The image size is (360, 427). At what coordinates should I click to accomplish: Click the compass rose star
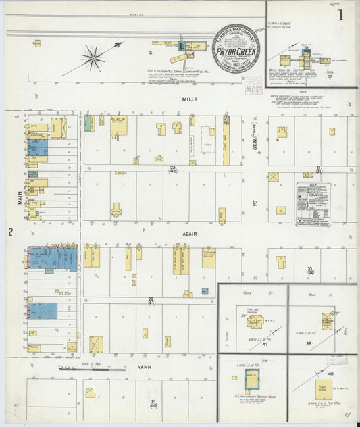pos(93,56)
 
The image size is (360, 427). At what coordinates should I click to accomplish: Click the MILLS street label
pos(189,99)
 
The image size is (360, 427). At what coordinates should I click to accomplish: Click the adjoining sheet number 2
pos(10,232)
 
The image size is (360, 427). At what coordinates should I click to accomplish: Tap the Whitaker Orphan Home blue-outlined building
pos(251,378)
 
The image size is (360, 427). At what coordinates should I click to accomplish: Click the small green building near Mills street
pos(88,123)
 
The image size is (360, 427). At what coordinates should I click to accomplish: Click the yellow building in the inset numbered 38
pos(327,320)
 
